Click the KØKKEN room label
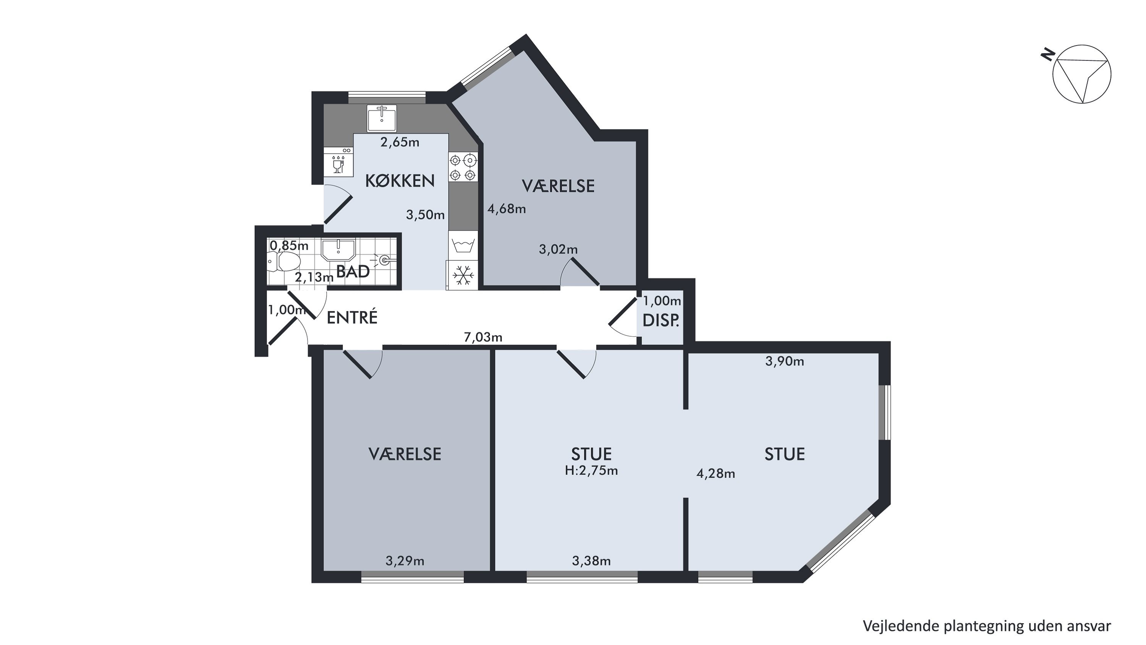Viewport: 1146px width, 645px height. (400, 181)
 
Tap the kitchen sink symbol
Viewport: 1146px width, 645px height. (382, 119)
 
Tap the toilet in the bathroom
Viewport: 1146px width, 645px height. (283, 261)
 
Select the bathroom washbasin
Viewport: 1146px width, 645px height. (338, 250)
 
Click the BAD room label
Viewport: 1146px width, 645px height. (353, 271)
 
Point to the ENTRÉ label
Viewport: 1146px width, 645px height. (352, 317)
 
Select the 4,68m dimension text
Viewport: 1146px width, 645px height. (507, 209)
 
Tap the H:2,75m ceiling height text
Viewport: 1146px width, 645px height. (591, 471)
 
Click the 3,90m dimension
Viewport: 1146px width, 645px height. (785, 361)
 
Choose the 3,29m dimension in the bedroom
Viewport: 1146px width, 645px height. (405, 561)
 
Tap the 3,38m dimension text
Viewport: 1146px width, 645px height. (591, 561)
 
